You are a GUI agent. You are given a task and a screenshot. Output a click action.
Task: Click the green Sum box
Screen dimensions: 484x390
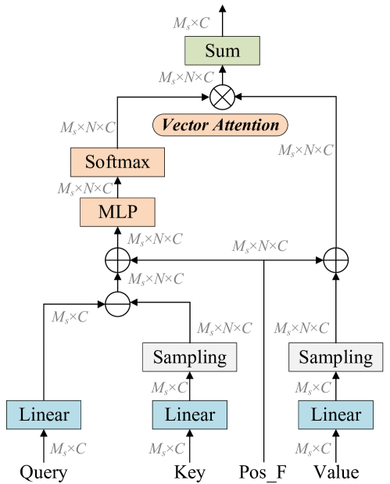click(x=222, y=52)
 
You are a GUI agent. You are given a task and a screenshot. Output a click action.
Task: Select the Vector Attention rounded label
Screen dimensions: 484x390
click(x=220, y=125)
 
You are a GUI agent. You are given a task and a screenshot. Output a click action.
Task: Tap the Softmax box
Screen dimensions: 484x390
click(x=117, y=163)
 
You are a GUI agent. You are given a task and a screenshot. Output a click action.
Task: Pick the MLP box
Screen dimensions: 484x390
click(x=117, y=212)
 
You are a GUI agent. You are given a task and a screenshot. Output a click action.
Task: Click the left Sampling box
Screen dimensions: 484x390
click(x=189, y=357)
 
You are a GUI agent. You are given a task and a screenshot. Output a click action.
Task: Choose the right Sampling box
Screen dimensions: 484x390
click(x=336, y=357)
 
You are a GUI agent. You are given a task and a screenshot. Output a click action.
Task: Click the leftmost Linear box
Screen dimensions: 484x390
click(x=44, y=414)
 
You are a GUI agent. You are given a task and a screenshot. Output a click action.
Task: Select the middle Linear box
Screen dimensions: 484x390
click(x=189, y=414)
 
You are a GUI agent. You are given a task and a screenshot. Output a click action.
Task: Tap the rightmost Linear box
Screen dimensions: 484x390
click(x=335, y=414)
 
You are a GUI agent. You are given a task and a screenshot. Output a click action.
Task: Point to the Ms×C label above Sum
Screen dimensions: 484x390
click(x=191, y=23)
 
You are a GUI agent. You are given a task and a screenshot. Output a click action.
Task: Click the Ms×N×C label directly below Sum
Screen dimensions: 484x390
click(x=186, y=77)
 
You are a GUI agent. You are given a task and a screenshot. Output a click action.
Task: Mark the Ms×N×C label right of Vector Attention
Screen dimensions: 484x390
click(x=306, y=150)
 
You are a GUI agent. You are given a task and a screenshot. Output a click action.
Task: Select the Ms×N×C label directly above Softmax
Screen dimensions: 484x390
click(x=88, y=127)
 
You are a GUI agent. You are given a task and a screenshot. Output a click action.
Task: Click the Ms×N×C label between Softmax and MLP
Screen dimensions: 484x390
click(x=84, y=188)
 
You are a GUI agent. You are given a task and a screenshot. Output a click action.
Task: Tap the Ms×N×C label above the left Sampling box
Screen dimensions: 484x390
click(x=224, y=328)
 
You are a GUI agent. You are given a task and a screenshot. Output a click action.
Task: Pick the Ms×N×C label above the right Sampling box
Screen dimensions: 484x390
click(x=301, y=328)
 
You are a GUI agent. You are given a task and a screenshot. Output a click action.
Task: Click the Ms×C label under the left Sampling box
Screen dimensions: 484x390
click(x=170, y=387)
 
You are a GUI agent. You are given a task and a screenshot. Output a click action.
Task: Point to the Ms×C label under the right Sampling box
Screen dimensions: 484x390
click(x=313, y=387)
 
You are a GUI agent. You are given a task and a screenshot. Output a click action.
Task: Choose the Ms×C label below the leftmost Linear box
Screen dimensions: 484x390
click(x=68, y=449)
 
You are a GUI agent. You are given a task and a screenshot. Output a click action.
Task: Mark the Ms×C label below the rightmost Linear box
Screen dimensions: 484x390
click(x=313, y=449)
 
